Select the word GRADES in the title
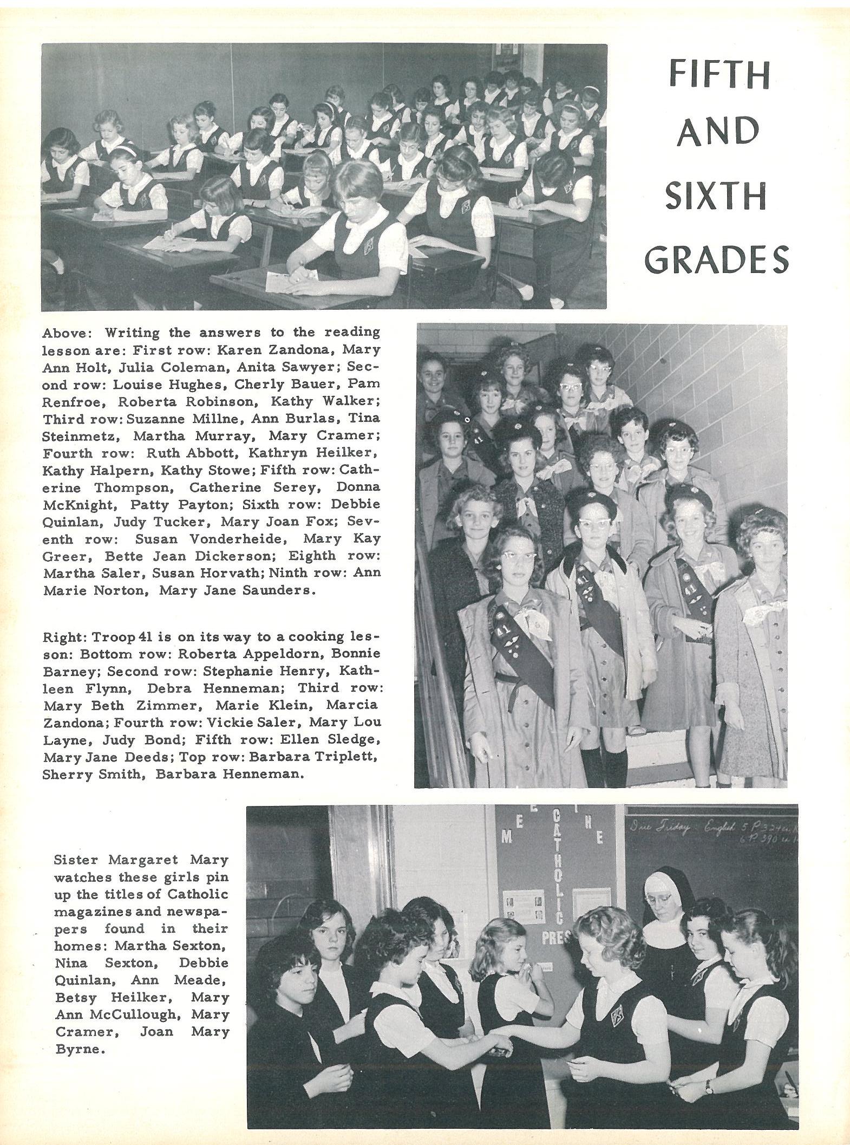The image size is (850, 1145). click(x=716, y=259)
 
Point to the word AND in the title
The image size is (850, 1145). click(x=717, y=132)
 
